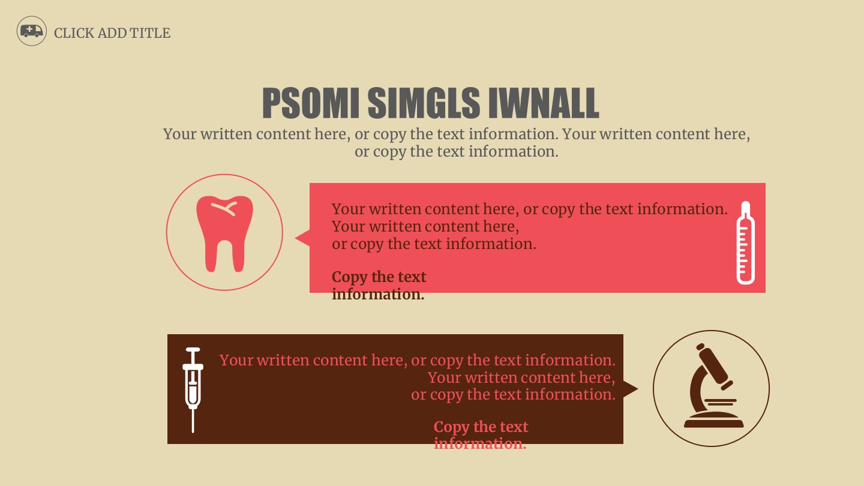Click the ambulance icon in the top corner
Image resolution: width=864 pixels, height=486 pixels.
point(32,31)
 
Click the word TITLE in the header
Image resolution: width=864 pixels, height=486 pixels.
point(149,33)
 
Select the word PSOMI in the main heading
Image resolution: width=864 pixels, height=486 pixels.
point(311,103)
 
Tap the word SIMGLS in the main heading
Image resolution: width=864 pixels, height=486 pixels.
point(424,103)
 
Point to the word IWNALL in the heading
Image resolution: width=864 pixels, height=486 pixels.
point(544,103)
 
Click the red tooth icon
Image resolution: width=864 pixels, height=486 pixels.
point(224,234)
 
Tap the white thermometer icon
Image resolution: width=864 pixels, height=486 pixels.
point(746,242)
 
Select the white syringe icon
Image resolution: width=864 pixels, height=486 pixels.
point(193,389)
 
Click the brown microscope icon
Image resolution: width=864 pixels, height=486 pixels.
point(713,386)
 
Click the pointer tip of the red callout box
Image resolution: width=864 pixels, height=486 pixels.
point(296,238)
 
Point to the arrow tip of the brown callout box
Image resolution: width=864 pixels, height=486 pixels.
point(638,389)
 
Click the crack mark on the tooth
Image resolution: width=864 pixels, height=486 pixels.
point(224,208)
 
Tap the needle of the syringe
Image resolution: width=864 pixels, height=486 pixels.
point(193,421)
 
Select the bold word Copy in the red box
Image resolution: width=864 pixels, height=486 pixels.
point(349,277)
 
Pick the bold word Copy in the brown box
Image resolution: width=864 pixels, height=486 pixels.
point(451,427)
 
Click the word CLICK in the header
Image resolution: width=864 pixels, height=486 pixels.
point(74,33)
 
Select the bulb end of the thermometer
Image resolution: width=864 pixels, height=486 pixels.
point(746,277)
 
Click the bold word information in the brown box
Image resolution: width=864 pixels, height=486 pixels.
point(480,443)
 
